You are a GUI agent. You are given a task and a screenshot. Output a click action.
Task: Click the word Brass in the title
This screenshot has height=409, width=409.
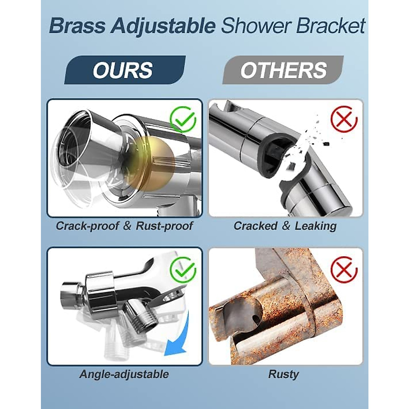(77, 26)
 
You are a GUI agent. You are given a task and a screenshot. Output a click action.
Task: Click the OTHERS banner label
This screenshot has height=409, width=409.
(283, 70)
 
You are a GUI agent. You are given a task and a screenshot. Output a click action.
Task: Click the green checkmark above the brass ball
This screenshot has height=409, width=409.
(183, 119)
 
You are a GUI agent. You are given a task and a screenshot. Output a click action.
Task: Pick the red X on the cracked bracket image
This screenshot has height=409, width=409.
(344, 120)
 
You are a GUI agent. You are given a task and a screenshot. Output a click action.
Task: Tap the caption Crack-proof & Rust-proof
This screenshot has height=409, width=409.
(124, 226)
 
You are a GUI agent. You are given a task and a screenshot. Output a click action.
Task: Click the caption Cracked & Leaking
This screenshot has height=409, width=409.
(285, 226)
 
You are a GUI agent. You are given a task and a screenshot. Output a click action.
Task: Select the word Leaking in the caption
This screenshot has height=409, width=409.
(316, 226)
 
